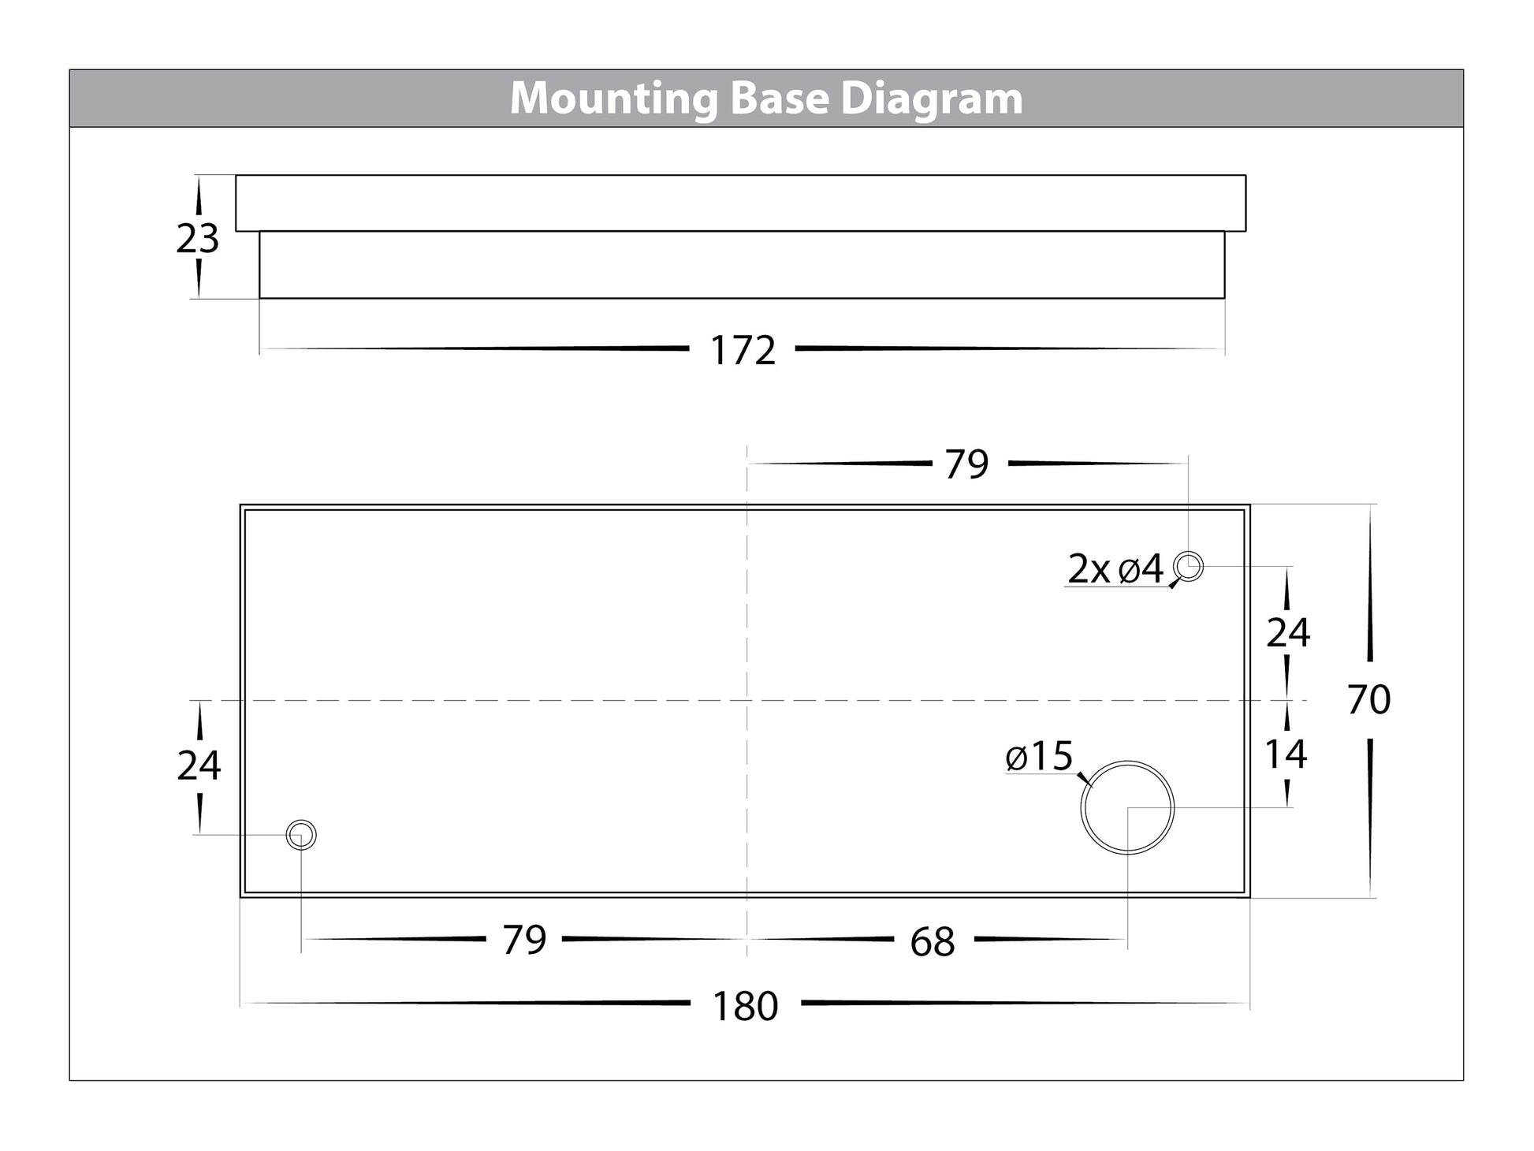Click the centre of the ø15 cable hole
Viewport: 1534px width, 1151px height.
[x=1127, y=807]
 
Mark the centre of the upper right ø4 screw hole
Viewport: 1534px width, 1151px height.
[x=1188, y=566]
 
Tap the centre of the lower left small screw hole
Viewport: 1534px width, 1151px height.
[x=301, y=835]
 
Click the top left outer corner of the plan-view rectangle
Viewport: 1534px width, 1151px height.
[x=240, y=505]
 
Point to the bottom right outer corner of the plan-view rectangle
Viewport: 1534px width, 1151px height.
[x=1250, y=897]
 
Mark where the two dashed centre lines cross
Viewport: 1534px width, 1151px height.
[x=747, y=700]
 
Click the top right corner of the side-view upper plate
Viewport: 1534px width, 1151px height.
[x=1246, y=175]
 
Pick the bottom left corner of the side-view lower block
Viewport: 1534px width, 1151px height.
[x=259, y=298]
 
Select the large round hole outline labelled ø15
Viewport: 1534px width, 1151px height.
[x=1127, y=807]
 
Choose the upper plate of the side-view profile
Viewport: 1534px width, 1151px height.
[x=741, y=203]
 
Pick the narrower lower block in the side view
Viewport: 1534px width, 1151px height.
[x=742, y=265]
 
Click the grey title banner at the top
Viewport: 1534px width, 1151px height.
[x=766, y=99]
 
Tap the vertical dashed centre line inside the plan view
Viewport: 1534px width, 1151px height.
[x=747, y=700]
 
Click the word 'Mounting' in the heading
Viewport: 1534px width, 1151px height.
[x=613, y=100]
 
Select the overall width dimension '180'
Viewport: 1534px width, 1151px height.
[x=745, y=1006]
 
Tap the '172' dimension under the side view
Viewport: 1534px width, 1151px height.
[x=743, y=351]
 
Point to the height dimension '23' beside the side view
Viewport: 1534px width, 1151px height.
[x=197, y=239]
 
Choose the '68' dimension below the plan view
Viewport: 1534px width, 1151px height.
[x=933, y=942]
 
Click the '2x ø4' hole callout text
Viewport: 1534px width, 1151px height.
[x=1115, y=569]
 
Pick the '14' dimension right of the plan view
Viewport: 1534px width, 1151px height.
[x=1286, y=754]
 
